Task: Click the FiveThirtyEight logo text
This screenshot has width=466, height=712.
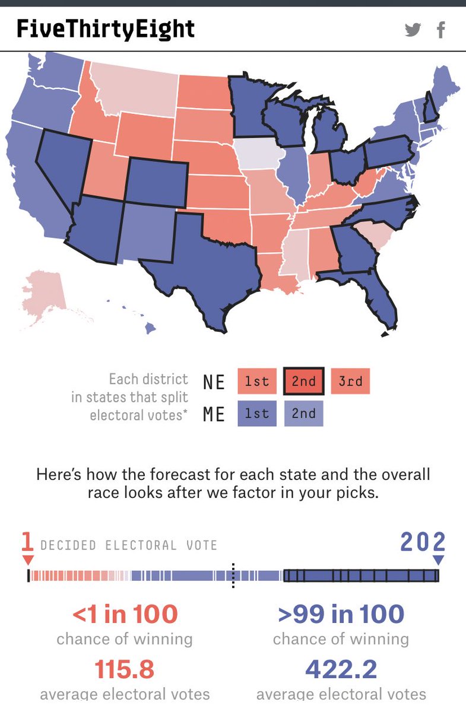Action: click(106, 28)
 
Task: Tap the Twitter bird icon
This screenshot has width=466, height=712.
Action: click(413, 30)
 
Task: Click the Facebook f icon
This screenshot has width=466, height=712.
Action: click(440, 30)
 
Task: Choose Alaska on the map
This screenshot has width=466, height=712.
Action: click(45, 294)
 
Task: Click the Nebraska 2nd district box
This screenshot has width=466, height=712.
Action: click(303, 381)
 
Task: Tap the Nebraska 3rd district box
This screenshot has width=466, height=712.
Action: click(350, 381)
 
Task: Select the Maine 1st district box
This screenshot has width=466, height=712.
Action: click(257, 413)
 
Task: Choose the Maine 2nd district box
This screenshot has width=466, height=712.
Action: click(303, 413)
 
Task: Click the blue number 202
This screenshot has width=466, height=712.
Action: click(423, 542)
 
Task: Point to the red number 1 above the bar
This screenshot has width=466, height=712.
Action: click(27, 542)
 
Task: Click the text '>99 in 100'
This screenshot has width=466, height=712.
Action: click(341, 614)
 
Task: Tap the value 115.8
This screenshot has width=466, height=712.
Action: click(125, 669)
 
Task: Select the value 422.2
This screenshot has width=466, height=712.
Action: click(341, 669)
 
